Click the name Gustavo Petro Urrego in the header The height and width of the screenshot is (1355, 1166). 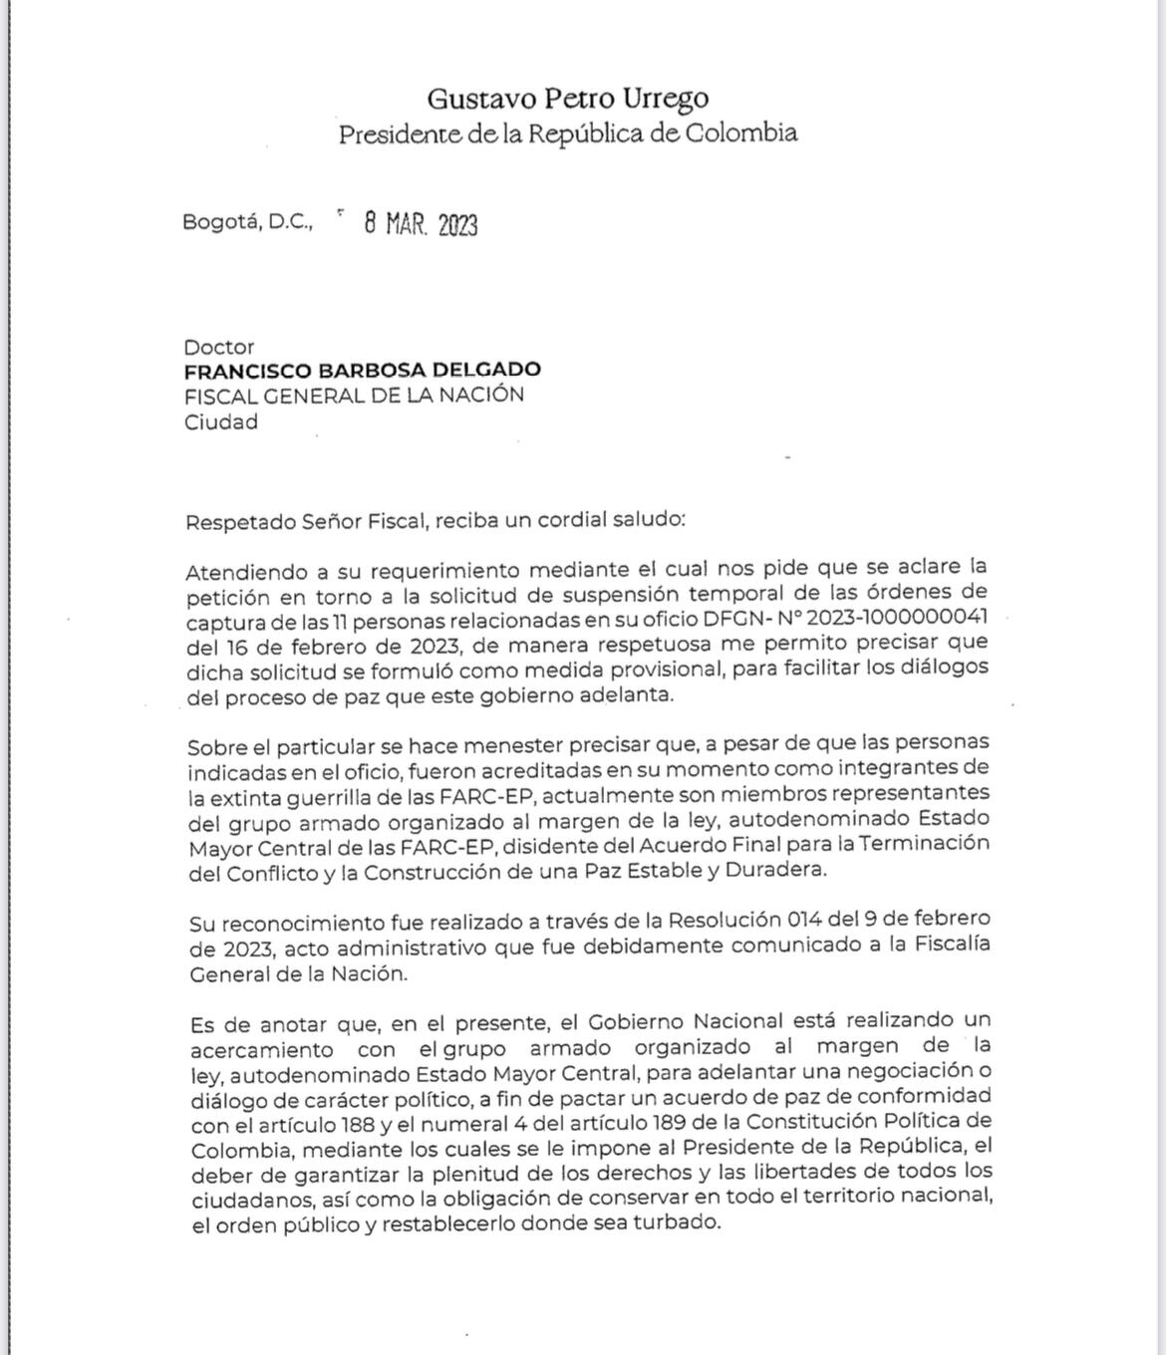[x=568, y=98]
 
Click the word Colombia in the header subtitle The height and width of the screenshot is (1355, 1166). [x=740, y=133]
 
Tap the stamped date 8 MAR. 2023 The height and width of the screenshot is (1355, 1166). [x=421, y=224]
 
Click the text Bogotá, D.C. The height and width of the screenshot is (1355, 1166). [x=247, y=222]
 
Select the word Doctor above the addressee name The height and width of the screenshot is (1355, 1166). [x=218, y=348]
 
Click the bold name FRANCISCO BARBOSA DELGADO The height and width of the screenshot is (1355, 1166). [x=362, y=371]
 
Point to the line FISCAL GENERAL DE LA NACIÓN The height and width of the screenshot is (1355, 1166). [x=354, y=395]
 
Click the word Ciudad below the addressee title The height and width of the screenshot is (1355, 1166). [x=220, y=421]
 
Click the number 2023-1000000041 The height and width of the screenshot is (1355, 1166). [x=903, y=619]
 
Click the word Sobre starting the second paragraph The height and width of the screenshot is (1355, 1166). [x=215, y=745]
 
